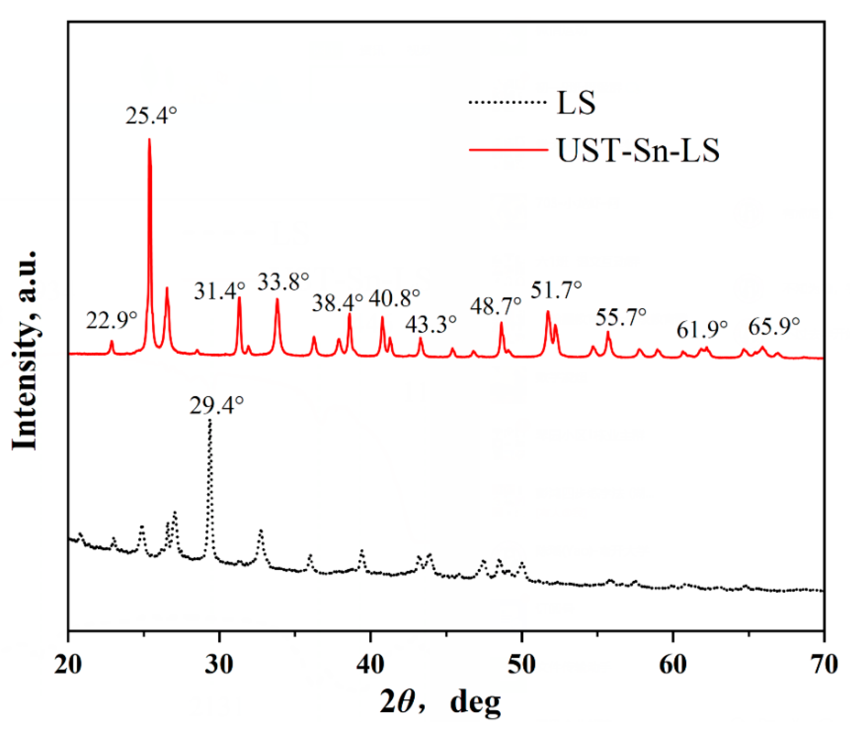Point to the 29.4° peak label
point(217,406)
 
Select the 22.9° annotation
point(111,320)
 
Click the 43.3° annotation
point(431,324)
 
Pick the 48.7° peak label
point(495,306)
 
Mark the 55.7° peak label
point(621,317)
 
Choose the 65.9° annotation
point(774,327)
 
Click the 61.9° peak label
point(702,329)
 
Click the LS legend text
point(576,103)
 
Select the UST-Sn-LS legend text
point(638,151)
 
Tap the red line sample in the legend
point(509,150)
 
